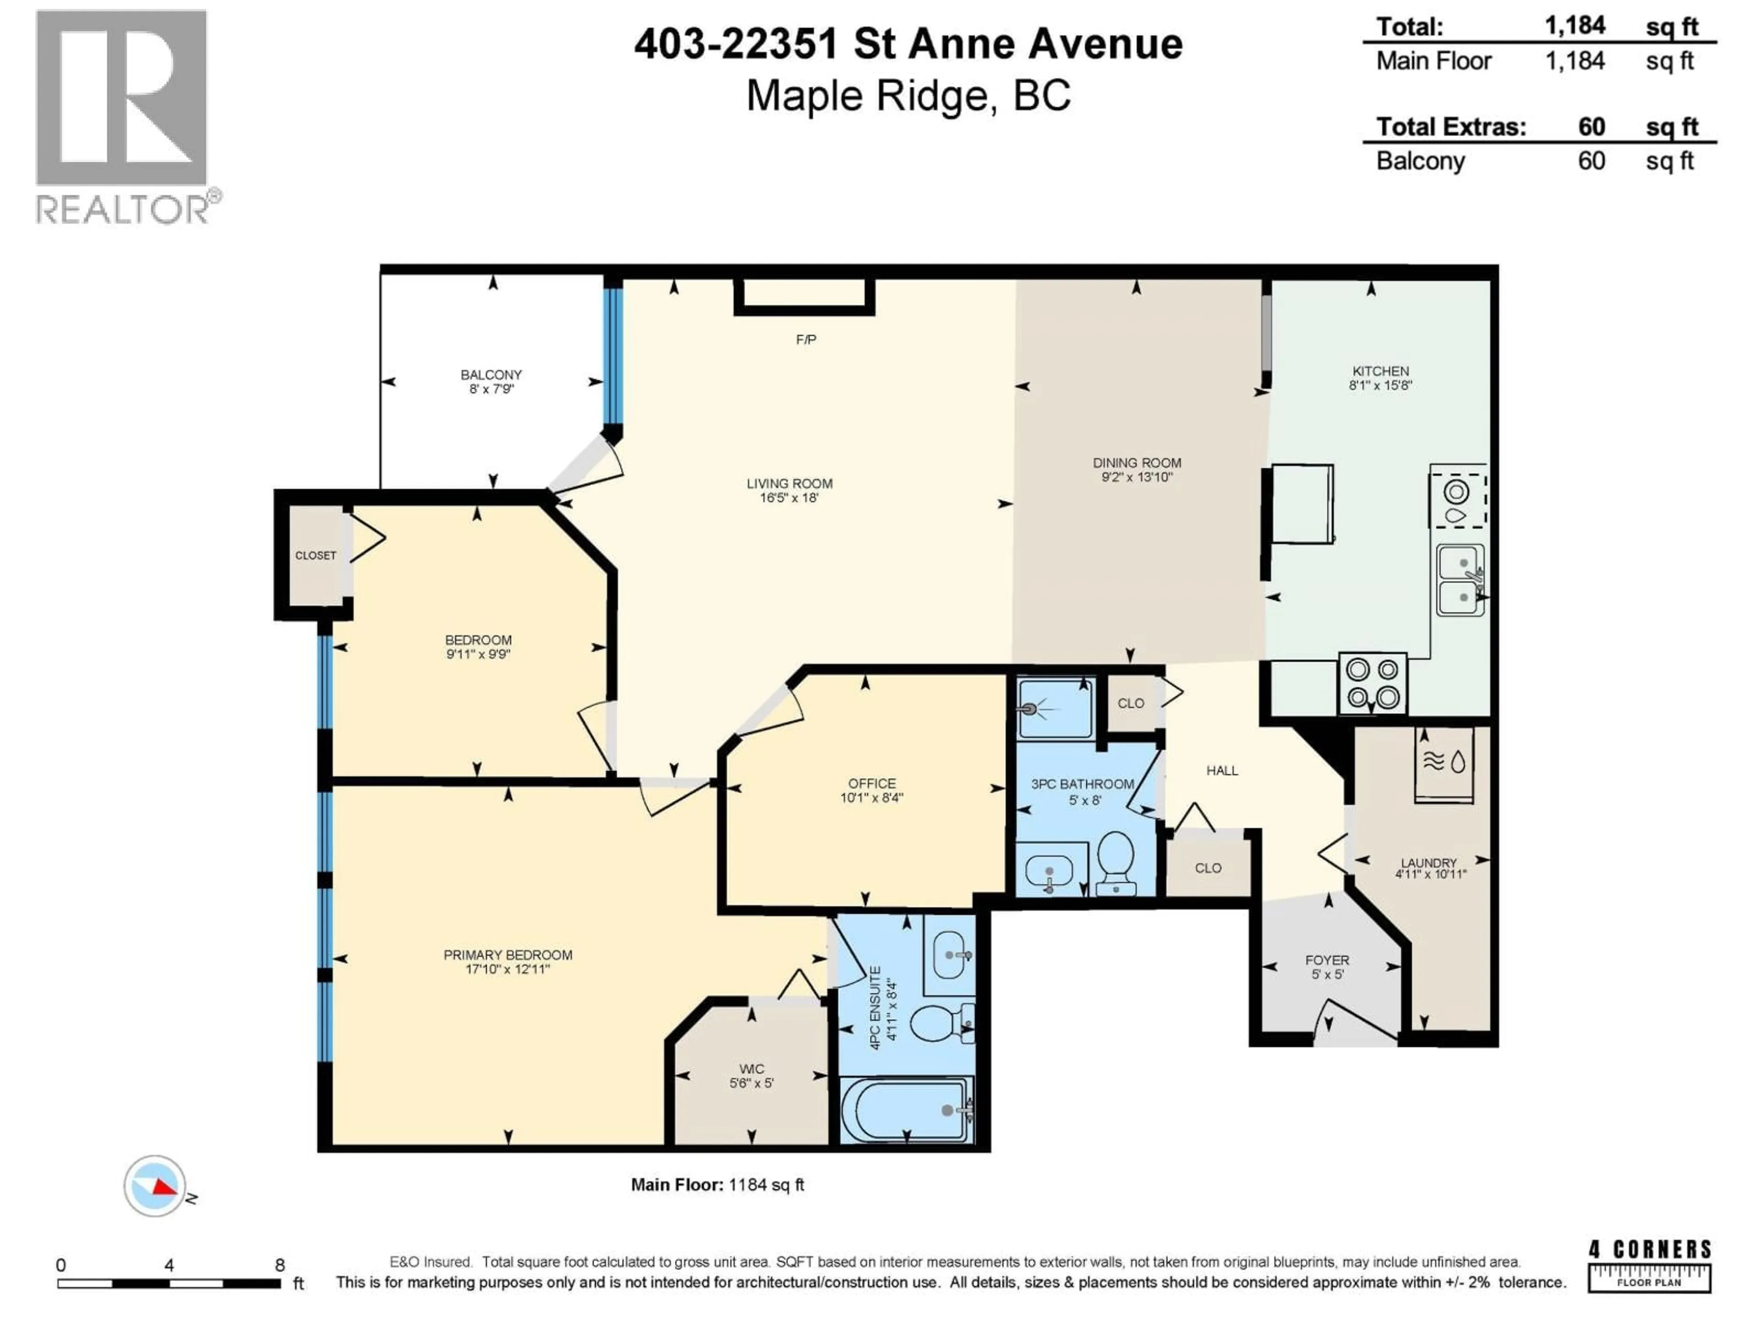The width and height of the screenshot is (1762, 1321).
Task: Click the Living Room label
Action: coord(789,483)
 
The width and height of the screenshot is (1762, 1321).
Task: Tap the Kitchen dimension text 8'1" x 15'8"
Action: coord(1380,385)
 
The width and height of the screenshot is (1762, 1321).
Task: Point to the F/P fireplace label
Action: coord(805,340)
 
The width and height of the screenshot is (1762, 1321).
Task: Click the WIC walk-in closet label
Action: coord(751,1069)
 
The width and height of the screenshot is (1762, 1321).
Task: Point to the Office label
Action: coord(871,783)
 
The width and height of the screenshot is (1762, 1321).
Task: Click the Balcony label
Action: coord(491,374)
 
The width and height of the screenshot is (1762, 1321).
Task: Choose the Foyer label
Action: coord(1326,960)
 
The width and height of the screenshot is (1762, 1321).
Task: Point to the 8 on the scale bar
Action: coord(279,1265)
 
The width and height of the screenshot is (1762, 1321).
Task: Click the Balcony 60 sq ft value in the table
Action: coord(1591,161)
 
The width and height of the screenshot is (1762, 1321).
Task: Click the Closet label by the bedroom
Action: coord(315,556)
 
